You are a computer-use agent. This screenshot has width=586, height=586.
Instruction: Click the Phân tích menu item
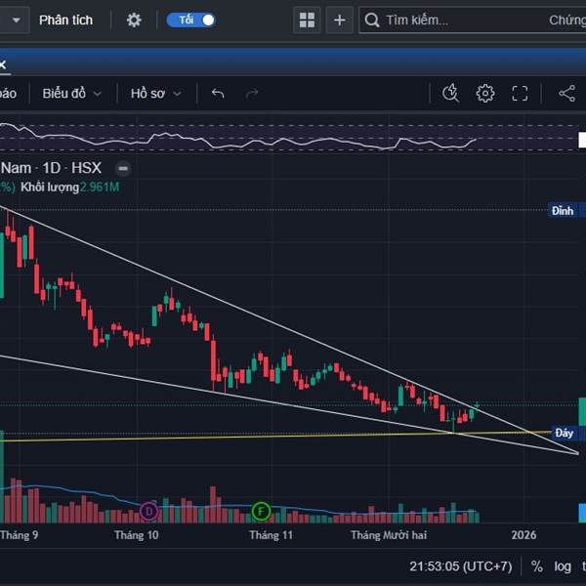[65, 20]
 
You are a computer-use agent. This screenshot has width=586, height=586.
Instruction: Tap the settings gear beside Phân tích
[134, 20]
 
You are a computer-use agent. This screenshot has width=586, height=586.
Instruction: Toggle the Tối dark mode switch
[191, 20]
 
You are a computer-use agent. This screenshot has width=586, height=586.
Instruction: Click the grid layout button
[307, 20]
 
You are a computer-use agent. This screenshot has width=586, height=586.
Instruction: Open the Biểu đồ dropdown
[71, 93]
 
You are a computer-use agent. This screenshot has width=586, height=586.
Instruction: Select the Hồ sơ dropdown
[155, 93]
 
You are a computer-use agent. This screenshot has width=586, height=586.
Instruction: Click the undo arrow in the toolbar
[218, 93]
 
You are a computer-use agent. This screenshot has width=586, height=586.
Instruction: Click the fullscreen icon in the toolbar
[520, 93]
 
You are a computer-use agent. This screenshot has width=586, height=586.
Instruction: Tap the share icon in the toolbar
[566, 93]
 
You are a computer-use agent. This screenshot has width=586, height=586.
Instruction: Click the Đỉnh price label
[563, 210]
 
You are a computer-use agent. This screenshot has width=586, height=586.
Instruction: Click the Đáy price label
[564, 433]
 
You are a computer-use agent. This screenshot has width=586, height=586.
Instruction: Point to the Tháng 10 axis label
[136, 535]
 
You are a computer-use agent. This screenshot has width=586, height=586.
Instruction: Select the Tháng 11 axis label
[271, 535]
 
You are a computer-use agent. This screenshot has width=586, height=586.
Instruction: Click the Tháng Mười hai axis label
[389, 535]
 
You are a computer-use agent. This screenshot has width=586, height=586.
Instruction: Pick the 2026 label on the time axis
[524, 535]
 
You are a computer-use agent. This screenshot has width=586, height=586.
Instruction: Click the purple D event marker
[148, 511]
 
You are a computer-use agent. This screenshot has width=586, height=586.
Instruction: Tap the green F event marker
[261, 511]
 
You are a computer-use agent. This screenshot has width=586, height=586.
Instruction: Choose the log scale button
[563, 566]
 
